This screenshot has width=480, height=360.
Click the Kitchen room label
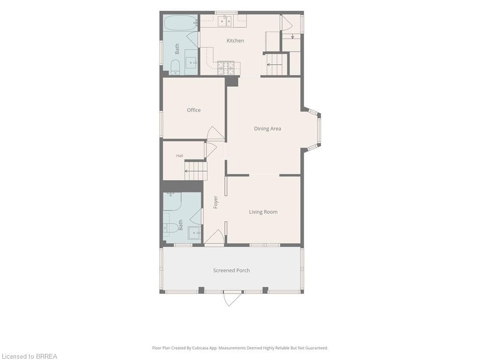click(x=235, y=40)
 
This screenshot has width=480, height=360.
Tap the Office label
click(x=194, y=110)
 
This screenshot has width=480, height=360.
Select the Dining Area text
click(x=268, y=128)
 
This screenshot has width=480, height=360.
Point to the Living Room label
click(x=263, y=212)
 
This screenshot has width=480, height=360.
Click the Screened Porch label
click(x=232, y=270)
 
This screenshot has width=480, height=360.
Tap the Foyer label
click(x=216, y=202)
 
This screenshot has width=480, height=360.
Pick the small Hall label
click(x=180, y=156)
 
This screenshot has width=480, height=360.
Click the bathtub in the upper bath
click(x=180, y=22)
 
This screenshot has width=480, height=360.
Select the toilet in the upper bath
click(x=175, y=67)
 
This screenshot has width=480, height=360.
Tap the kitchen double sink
click(x=225, y=21)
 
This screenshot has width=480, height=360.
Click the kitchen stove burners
click(x=225, y=68)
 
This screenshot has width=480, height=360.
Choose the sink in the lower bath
click(x=194, y=233)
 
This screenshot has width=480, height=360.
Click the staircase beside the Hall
click(x=196, y=171)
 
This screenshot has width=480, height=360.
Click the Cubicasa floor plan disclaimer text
click(x=240, y=348)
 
